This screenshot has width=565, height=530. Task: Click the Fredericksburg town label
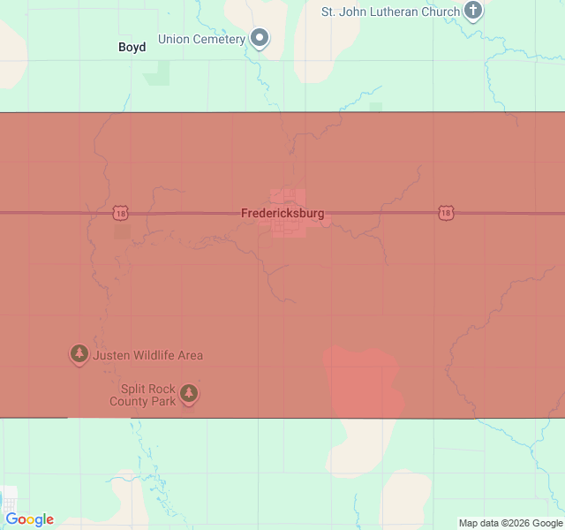(x=282, y=214)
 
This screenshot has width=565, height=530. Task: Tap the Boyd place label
(x=132, y=47)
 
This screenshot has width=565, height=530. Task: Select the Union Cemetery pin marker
(x=260, y=38)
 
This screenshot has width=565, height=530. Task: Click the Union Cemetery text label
(x=201, y=39)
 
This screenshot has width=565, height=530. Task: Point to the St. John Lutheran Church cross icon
(x=474, y=11)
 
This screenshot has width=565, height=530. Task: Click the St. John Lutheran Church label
(x=390, y=11)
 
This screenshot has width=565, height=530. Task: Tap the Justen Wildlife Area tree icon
(x=79, y=354)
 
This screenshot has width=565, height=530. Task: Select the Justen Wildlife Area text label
(x=147, y=355)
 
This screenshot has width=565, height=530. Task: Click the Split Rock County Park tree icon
(x=189, y=393)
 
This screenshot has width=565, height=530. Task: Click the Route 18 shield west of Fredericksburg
(x=120, y=213)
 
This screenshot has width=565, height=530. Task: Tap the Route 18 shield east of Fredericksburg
(x=446, y=213)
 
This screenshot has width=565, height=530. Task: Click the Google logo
(x=29, y=519)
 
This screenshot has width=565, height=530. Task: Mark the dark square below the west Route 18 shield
(x=122, y=232)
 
